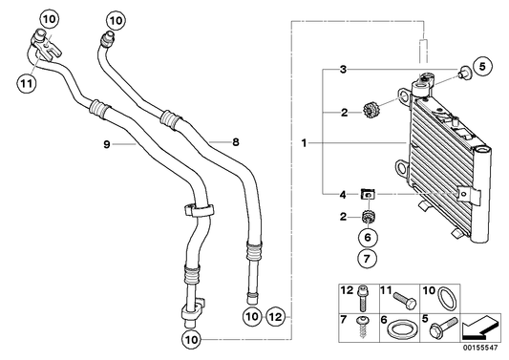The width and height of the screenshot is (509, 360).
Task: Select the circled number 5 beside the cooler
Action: pos(482,66)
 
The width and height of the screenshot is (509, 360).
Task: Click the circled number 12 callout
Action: pos(276,316)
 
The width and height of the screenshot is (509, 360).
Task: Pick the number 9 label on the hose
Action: pos(108,144)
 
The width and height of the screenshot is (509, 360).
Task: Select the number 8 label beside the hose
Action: pos(235,141)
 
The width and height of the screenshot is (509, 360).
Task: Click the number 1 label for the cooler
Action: pos(305,144)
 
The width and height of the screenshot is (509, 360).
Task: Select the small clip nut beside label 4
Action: pos(367,197)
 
